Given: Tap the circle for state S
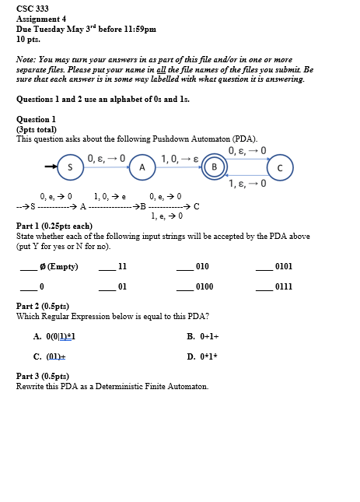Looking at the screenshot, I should pyautogui.click(x=70, y=167).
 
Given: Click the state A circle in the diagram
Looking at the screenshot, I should pyautogui.click(x=142, y=167).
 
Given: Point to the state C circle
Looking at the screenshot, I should pyautogui.click(x=280, y=167).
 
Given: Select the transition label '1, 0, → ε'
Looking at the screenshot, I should pyautogui.click(x=180, y=159).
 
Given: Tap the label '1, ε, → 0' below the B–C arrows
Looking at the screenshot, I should pyautogui.click(x=247, y=184).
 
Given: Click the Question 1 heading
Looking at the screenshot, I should pyautogui.click(x=36, y=119).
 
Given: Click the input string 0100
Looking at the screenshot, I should pyautogui.click(x=204, y=287).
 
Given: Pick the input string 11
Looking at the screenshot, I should pyautogui.click(x=122, y=266).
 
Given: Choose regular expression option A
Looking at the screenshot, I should pyautogui.click(x=54, y=336).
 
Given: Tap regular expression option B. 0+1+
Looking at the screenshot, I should pyautogui.click(x=204, y=336).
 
